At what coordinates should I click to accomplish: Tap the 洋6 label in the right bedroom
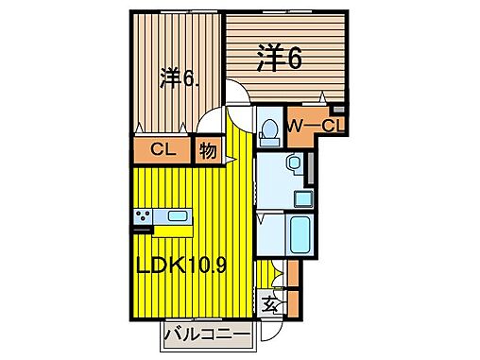click(280, 59)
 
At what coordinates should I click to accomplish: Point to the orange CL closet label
click(161, 149)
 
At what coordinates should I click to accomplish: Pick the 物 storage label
click(206, 149)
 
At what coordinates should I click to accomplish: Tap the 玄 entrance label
click(270, 305)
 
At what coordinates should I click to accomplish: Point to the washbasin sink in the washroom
click(294, 164)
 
